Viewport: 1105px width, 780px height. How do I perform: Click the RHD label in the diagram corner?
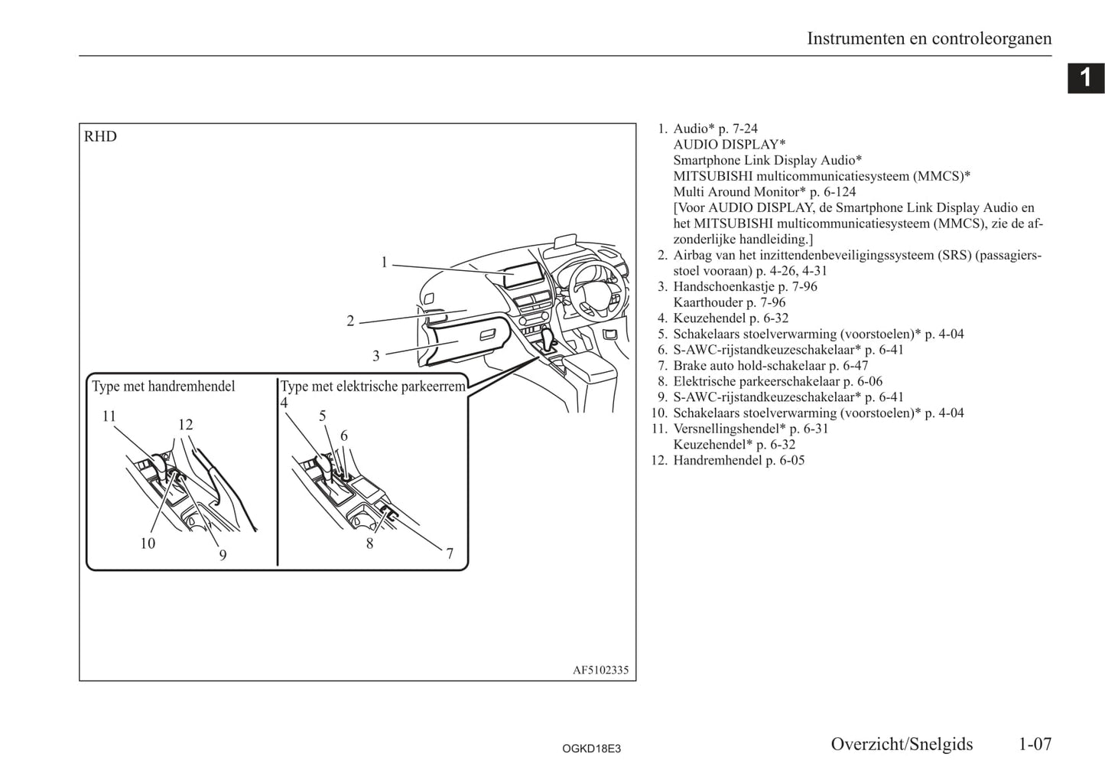(100, 137)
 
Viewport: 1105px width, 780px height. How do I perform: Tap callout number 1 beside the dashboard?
(385, 263)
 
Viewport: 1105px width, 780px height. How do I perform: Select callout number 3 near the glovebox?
(375, 356)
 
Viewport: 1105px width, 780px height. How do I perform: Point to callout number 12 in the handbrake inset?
(185, 425)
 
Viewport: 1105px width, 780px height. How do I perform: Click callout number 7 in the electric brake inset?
(450, 553)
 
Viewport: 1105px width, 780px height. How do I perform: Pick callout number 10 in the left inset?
(147, 543)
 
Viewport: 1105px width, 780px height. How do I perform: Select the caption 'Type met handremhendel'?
(164, 387)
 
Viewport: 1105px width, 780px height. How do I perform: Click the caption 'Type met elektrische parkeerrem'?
(372, 387)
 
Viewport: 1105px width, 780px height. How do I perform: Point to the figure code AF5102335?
(600, 671)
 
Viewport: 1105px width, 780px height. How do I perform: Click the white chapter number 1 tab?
(1085, 78)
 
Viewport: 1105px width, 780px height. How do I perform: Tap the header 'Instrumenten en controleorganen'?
(929, 38)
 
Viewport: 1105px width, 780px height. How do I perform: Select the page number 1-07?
(1035, 744)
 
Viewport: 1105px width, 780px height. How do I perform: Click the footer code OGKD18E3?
(591, 749)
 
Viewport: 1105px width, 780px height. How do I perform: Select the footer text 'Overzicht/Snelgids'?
(902, 744)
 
